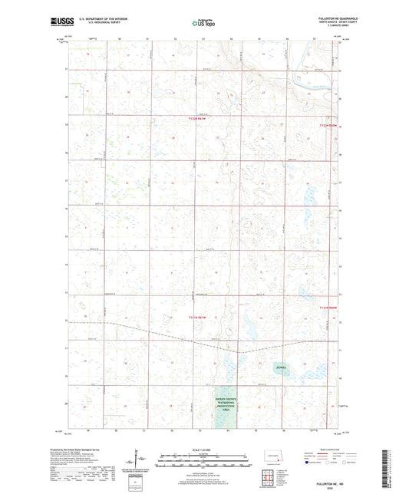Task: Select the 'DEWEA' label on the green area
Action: click(281, 367)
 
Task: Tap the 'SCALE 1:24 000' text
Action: click(204, 449)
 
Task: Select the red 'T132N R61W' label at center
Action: click(198, 119)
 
